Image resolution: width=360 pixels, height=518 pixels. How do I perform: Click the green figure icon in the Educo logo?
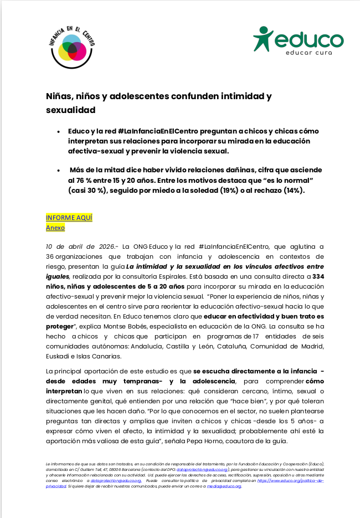[263, 39]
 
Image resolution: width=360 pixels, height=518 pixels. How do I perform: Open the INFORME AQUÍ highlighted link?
[69, 218]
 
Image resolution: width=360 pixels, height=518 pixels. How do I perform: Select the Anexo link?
[55, 227]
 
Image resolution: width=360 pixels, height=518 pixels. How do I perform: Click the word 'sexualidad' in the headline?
[70, 110]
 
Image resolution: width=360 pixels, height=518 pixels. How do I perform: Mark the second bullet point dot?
[59, 171]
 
